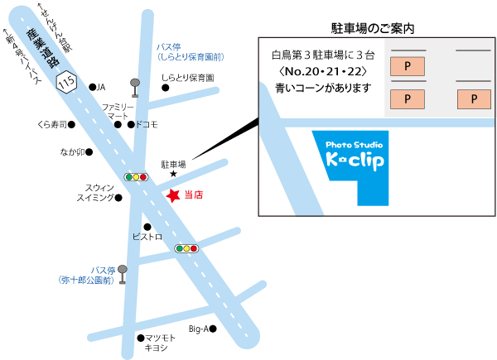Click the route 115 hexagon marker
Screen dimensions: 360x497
(x=68, y=83)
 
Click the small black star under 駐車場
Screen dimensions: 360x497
(x=173, y=174)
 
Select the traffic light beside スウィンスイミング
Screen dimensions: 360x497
(x=135, y=177)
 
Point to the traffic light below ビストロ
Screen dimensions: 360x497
(x=186, y=247)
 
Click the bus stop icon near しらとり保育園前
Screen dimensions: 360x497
(x=134, y=86)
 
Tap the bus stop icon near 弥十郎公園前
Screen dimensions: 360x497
(x=123, y=274)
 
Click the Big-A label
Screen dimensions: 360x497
(x=199, y=329)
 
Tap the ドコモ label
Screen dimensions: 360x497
(x=146, y=125)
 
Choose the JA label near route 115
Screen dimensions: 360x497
(x=102, y=87)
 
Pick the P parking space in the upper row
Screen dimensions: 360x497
(x=406, y=65)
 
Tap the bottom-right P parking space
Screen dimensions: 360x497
(x=473, y=99)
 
